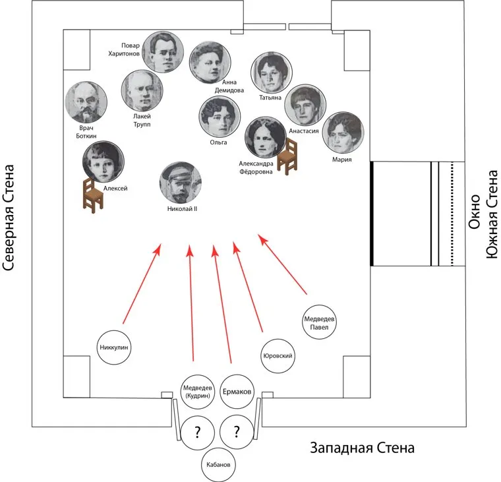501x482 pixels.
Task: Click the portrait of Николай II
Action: [x=180, y=183]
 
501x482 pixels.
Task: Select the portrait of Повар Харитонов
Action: [x=163, y=52]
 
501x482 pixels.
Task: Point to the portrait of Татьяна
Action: [x=271, y=74]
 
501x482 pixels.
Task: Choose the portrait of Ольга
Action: [x=220, y=117]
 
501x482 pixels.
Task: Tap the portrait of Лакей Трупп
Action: [x=142, y=91]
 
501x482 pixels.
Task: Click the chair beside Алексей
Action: [x=92, y=195]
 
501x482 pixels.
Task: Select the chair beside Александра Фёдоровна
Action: [x=287, y=158]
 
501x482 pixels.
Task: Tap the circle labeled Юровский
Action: [x=278, y=357]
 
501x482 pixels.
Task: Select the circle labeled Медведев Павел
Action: [x=320, y=323]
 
